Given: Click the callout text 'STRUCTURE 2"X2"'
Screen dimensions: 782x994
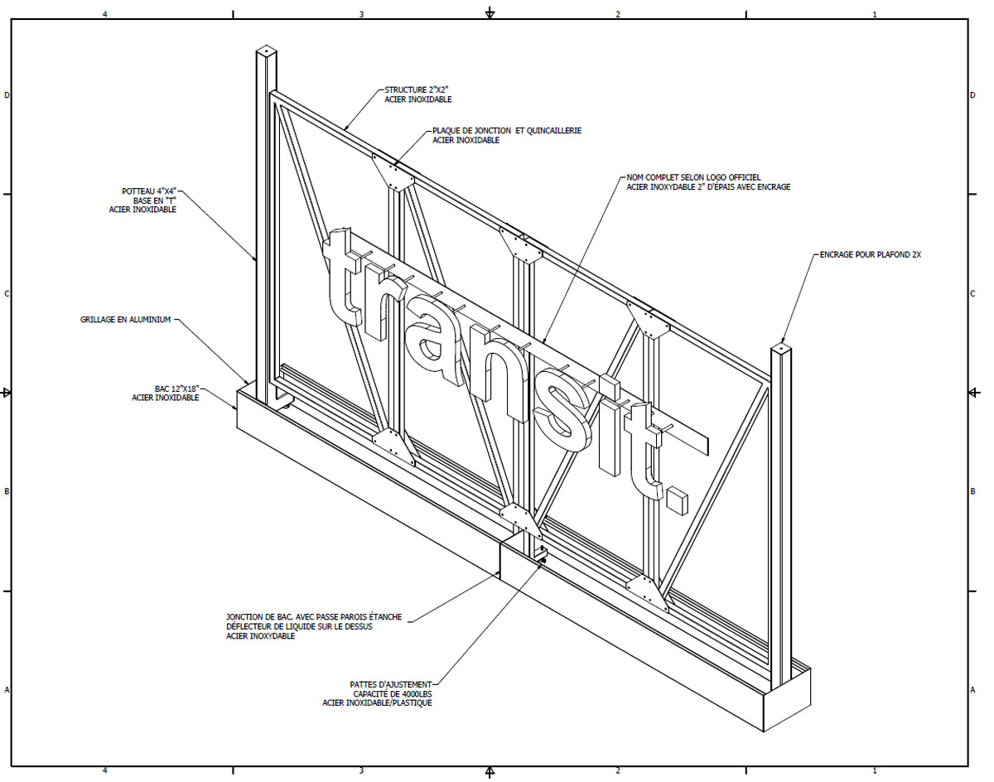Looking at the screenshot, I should (x=417, y=89).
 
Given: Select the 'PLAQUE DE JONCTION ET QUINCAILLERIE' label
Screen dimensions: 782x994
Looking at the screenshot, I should (x=506, y=131).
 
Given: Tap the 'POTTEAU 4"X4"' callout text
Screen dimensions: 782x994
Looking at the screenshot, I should (x=148, y=191).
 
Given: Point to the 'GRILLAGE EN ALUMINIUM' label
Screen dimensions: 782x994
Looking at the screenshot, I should (x=125, y=319).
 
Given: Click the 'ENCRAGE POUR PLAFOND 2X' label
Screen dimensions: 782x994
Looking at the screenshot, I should (x=870, y=255).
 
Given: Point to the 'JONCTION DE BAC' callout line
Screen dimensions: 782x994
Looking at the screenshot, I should (x=314, y=617).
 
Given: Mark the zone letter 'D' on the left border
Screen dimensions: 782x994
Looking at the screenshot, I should (x=7, y=95).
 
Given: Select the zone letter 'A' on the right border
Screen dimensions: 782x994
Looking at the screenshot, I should (x=972, y=690).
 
